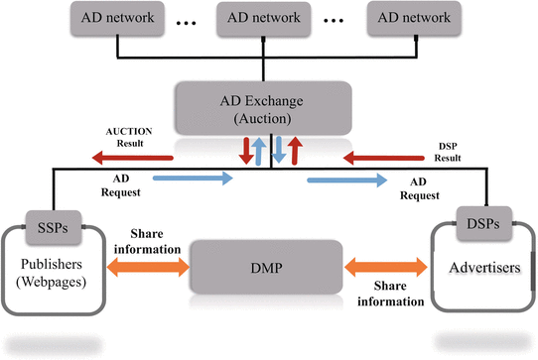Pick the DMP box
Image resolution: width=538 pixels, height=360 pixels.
coord(266,266)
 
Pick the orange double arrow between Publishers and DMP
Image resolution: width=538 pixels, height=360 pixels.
coord(147,267)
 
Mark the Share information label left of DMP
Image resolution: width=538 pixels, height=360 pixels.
coord(146,239)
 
